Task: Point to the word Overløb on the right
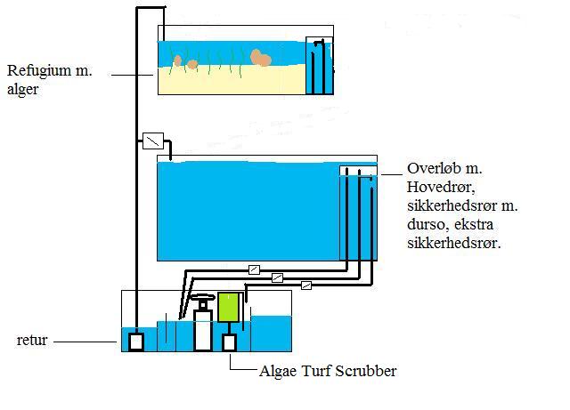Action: tap(437, 169)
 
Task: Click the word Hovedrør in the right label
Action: tap(441, 187)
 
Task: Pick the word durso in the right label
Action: tap(427, 224)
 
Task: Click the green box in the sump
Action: tap(229, 307)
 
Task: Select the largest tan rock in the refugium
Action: tap(261, 58)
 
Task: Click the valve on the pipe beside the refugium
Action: tap(153, 141)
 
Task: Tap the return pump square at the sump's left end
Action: tap(136, 341)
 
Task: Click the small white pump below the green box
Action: tap(229, 342)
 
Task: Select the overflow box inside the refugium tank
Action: tap(318, 66)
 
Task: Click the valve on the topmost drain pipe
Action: tap(255, 269)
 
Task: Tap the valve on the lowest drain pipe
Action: tap(306, 285)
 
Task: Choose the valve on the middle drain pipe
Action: tap(277, 277)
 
